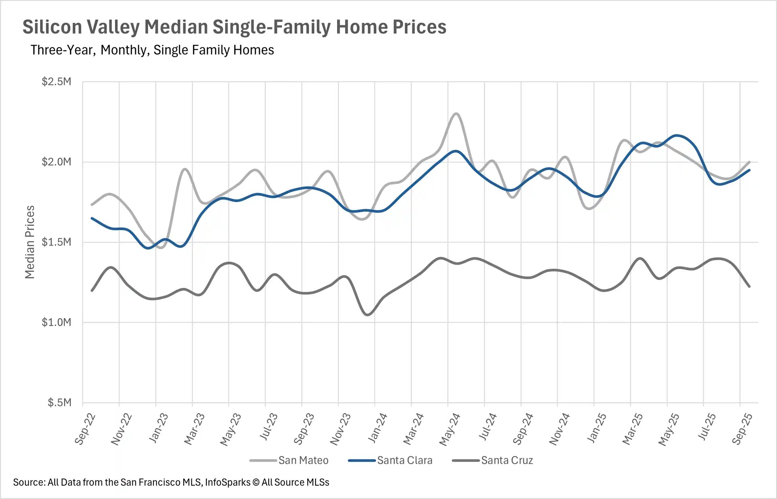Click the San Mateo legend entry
303,460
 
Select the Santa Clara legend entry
404,460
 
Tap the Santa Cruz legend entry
507,460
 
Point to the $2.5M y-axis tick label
56,82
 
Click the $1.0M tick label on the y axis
56,322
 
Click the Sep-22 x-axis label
85,429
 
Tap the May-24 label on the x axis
450,429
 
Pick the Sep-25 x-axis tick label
743,429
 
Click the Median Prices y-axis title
30,242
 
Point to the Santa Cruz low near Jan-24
367,314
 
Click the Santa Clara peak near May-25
676,136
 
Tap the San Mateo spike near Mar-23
185,169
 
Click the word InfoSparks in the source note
227,482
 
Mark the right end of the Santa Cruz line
749,287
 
